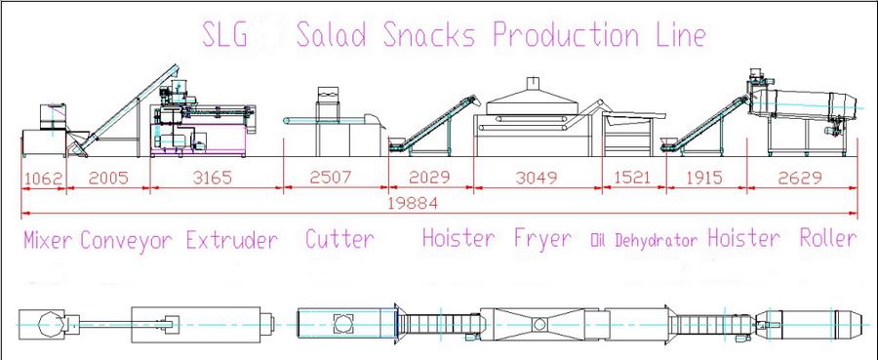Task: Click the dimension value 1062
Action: [43, 180]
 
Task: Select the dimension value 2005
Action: [108, 179]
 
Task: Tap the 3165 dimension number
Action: [213, 179]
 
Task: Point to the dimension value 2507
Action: [331, 178]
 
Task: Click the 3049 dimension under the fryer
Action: [537, 178]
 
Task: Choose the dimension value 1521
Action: [633, 178]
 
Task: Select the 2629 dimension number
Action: [803, 178]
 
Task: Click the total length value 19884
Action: [414, 203]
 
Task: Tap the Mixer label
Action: [48, 240]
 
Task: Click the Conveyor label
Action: [127, 241]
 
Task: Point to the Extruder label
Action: [232, 241]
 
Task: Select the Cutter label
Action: [339, 239]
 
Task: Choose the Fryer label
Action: [543, 240]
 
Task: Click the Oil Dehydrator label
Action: [645, 241]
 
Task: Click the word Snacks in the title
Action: [429, 35]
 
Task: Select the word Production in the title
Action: [566, 35]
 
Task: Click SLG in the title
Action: [224, 35]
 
